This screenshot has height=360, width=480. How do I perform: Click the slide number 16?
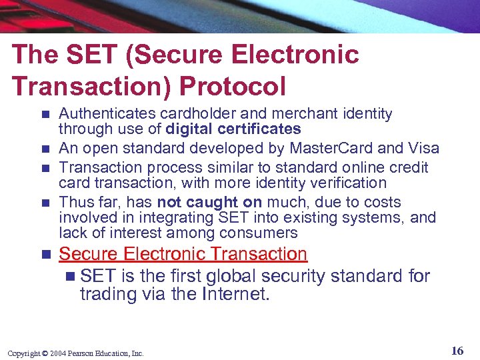pyautogui.click(x=457, y=351)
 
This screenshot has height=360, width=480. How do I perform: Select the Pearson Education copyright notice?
pyautogui.click(x=75, y=353)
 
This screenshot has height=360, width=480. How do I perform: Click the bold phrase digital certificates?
pyautogui.click(x=233, y=129)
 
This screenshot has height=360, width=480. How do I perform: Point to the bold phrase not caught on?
pyautogui.click(x=209, y=202)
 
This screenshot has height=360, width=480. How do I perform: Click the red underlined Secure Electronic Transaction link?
pyautogui.click(x=183, y=254)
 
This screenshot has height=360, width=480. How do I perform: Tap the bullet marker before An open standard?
pyautogui.click(x=45, y=149)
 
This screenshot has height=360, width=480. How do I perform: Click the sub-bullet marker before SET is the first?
pyautogui.click(x=71, y=275)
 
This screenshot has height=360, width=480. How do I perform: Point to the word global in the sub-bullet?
pyautogui.click(x=225, y=275)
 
